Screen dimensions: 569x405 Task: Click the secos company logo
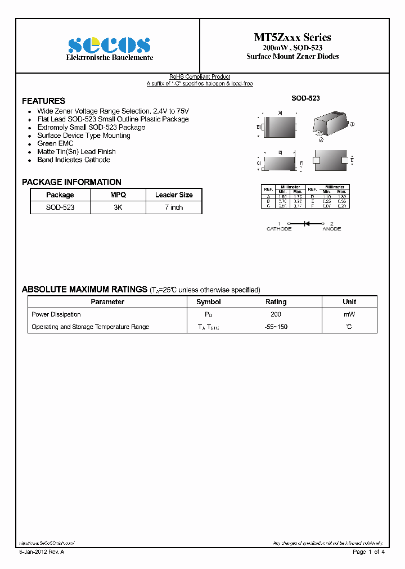point(109,45)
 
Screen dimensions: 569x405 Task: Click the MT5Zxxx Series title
point(292,37)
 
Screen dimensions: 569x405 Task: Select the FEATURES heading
point(43,101)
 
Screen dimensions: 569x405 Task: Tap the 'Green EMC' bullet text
point(55,143)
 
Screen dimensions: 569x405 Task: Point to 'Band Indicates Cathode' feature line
point(73,160)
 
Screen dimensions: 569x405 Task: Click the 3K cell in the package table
point(118,207)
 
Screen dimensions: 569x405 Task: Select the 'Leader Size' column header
point(174,195)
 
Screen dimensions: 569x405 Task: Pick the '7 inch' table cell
point(174,207)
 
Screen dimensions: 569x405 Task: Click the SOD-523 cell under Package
point(60,207)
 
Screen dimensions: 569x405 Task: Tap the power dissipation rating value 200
point(276,314)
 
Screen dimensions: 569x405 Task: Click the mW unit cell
point(349,314)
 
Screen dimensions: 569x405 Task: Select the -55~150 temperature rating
point(276,327)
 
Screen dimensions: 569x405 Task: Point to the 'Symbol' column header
point(209,302)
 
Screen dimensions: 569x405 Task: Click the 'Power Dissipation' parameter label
point(56,314)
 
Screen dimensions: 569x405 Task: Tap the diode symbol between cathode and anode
point(307,223)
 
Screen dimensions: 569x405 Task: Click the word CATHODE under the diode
point(279,229)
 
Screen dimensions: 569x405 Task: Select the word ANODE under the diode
point(331,229)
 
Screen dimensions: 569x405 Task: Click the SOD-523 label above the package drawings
point(305,98)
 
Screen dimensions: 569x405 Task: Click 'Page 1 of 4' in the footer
point(368,552)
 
